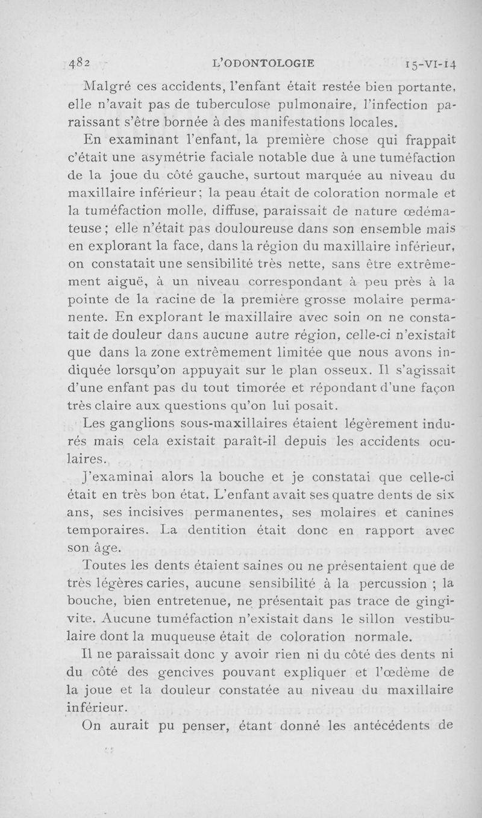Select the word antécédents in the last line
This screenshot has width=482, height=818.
tap(394, 725)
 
